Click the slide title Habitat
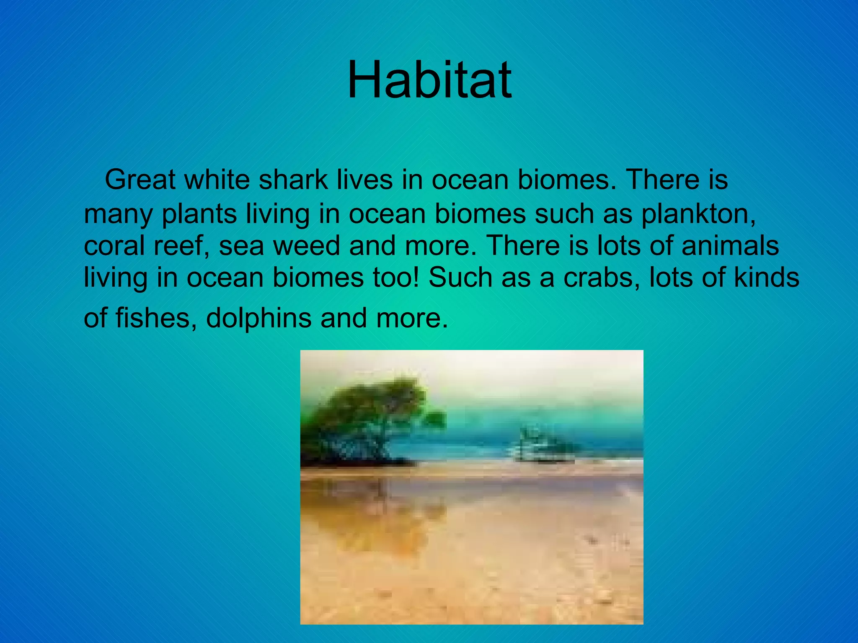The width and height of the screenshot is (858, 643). [429, 80]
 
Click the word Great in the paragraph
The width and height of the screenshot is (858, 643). [140, 180]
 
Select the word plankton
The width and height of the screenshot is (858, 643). [698, 214]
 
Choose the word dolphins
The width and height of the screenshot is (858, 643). [258, 318]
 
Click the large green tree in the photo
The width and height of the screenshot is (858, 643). [369, 419]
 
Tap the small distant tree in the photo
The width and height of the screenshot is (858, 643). [545, 446]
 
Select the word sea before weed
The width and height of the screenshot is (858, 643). [241, 246]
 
